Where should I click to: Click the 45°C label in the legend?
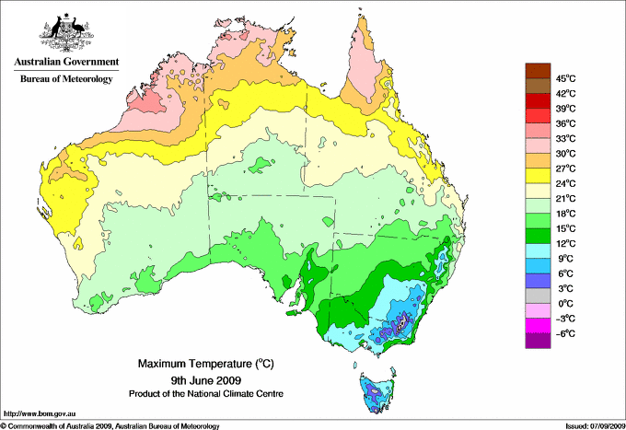tap(566, 78)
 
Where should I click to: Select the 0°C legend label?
tap(564, 303)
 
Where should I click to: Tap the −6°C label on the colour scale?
tap(565, 333)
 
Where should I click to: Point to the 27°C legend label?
tap(566, 169)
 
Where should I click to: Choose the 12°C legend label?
tap(566, 243)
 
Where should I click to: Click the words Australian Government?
tap(65, 63)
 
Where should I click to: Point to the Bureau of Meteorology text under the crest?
tap(65, 79)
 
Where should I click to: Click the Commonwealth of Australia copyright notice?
tap(110, 425)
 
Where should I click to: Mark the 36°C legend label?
tap(566, 123)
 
